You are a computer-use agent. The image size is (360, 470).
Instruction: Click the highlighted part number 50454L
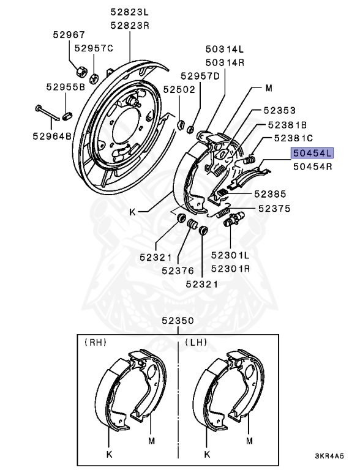[x=312, y=153]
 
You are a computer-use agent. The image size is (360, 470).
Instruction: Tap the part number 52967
[x=69, y=35]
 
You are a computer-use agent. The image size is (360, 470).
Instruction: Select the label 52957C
[x=94, y=48]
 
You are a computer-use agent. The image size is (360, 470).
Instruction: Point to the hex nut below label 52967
[x=81, y=72]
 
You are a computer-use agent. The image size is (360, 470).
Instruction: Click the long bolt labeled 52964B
[x=47, y=113]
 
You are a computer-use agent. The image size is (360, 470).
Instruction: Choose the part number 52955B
[x=66, y=87]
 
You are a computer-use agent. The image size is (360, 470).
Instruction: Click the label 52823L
[x=130, y=12]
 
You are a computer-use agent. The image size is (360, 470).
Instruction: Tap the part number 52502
[x=179, y=89]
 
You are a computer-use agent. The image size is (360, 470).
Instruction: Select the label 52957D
[x=200, y=76]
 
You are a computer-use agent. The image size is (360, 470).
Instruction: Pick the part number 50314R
[x=225, y=62]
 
